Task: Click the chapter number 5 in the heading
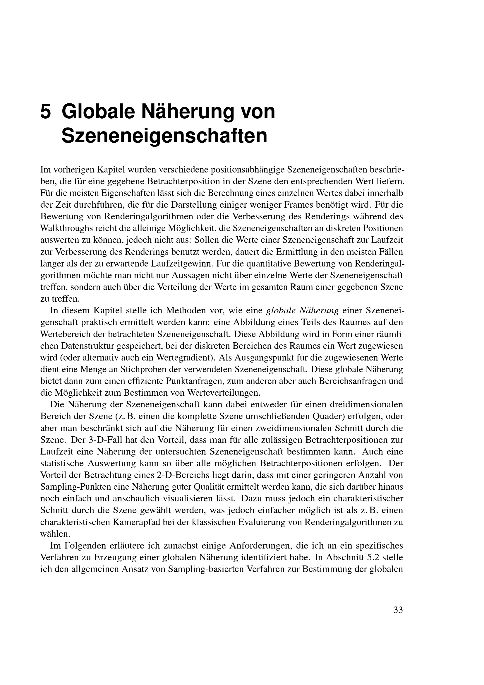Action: pos(46,112)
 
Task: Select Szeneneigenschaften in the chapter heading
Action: pos(164,136)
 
